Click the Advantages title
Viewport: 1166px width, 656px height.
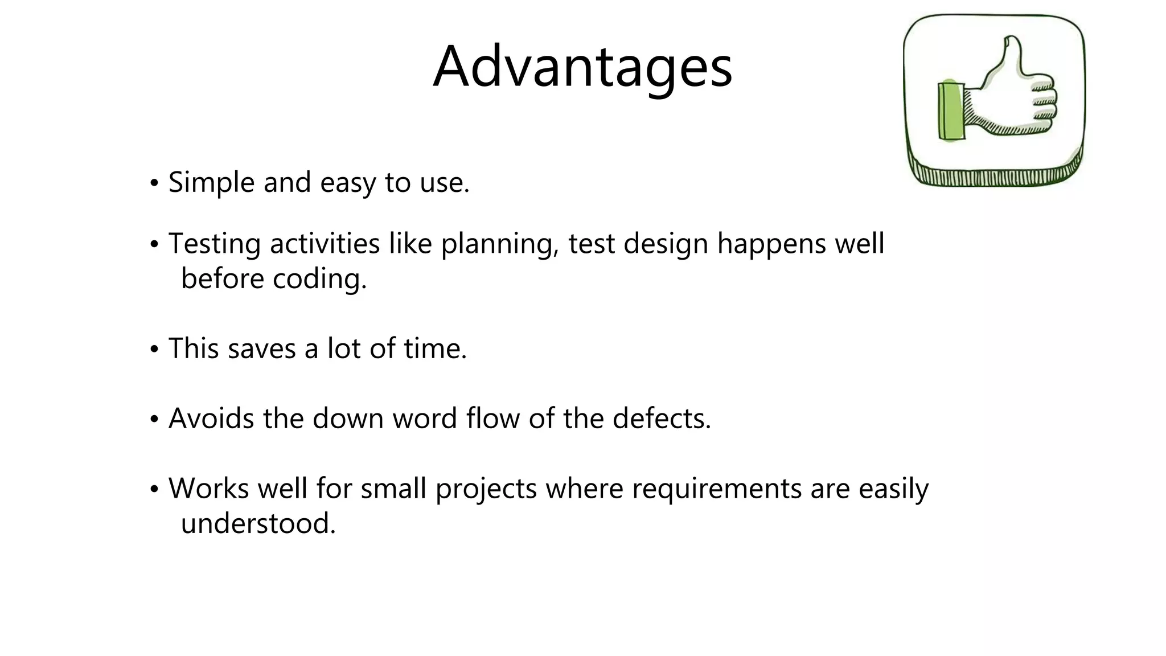click(x=582, y=67)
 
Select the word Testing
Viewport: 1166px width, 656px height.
click(x=214, y=244)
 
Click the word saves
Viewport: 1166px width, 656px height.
click(x=261, y=348)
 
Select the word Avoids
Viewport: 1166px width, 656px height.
click(x=211, y=419)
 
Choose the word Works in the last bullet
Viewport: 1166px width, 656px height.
click(x=208, y=489)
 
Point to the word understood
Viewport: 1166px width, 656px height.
click(x=258, y=523)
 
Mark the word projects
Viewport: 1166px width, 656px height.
click(x=486, y=489)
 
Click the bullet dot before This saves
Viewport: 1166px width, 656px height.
click(x=153, y=350)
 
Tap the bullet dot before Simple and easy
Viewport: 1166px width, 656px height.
click(x=153, y=184)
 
